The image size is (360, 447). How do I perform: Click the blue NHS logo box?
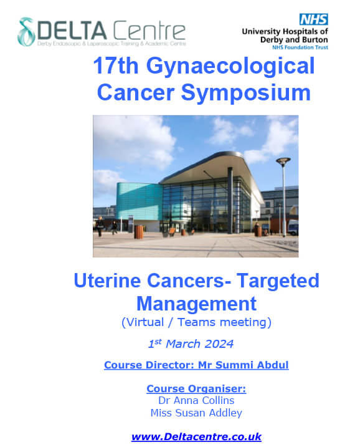pyautogui.click(x=313, y=19)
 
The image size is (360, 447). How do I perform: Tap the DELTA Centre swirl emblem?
pyautogui.click(x=26, y=32)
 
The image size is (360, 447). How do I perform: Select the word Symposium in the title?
pyautogui.click(x=246, y=94)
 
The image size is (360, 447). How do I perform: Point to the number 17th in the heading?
pyautogui.click(x=116, y=65)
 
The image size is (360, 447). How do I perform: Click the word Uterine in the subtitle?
pyautogui.click(x=107, y=280)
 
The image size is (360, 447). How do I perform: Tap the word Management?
pyautogui.click(x=197, y=304)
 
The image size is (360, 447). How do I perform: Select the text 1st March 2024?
pyautogui.click(x=191, y=344)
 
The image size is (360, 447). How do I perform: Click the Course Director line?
pyautogui.click(x=196, y=365)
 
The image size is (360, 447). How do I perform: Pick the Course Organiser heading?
pyautogui.click(x=196, y=388)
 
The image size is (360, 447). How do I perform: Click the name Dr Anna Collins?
pyautogui.click(x=196, y=400)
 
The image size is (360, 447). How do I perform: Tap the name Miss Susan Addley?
pyautogui.click(x=196, y=413)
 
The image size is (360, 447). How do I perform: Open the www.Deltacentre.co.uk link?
pyautogui.click(x=196, y=437)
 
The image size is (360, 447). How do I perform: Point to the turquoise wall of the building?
pyautogui.click(x=139, y=201)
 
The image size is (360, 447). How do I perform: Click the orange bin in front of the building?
pyautogui.click(x=140, y=232)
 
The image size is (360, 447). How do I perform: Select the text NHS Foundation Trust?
pyautogui.click(x=300, y=47)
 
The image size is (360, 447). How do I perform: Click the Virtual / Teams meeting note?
pyautogui.click(x=196, y=322)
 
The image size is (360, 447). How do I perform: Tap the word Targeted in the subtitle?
pyautogui.click(x=278, y=281)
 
